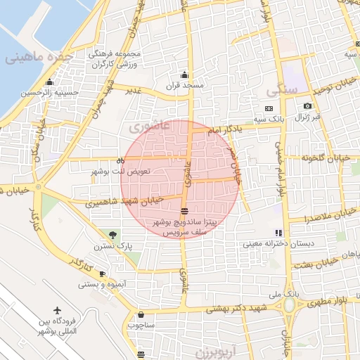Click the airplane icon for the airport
[x=57, y=311]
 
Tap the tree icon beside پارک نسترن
[x=112, y=234]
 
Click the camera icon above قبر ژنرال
[x=307, y=106]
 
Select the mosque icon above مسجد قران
[x=184, y=75]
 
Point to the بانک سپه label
[x=290, y=120]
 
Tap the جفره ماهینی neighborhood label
[x=40, y=57]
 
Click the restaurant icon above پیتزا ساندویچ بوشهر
[x=184, y=210]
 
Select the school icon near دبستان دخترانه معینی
[x=278, y=233]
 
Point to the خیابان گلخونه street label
[x=330, y=158]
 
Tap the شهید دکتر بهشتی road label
[x=243, y=309]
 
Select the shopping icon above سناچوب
[x=142, y=315]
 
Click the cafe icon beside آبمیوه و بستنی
[x=102, y=274]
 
